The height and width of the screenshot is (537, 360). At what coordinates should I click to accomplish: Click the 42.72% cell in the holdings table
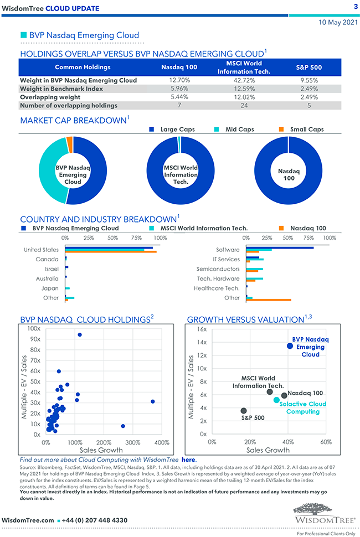click(x=240, y=80)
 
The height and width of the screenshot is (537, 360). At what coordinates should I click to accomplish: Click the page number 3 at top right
click(x=355, y=7)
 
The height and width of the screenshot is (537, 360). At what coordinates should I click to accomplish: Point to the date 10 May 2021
click(x=338, y=23)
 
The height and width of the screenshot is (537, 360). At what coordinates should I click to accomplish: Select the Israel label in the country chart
click(x=52, y=268)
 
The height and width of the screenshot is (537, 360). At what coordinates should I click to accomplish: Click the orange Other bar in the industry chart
click(x=269, y=300)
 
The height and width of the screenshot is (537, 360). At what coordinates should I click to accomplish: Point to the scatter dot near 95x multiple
click(x=80, y=334)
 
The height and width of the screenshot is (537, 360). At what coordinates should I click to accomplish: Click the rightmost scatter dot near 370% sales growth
click(x=153, y=401)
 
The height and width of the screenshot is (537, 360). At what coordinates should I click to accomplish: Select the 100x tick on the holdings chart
click(x=34, y=329)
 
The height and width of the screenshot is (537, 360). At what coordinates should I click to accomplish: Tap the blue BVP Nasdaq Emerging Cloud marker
click(x=290, y=346)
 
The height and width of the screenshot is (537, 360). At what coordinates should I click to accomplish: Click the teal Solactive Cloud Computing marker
click(x=276, y=400)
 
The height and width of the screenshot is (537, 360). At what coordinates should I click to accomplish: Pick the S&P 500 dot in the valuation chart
click(x=244, y=411)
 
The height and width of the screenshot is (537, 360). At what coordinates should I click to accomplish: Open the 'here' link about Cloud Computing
click(x=188, y=459)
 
